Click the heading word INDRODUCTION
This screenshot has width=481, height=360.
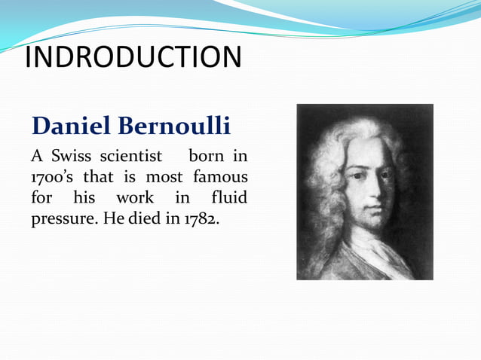(133, 57)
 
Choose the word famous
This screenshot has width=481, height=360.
(220, 178)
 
